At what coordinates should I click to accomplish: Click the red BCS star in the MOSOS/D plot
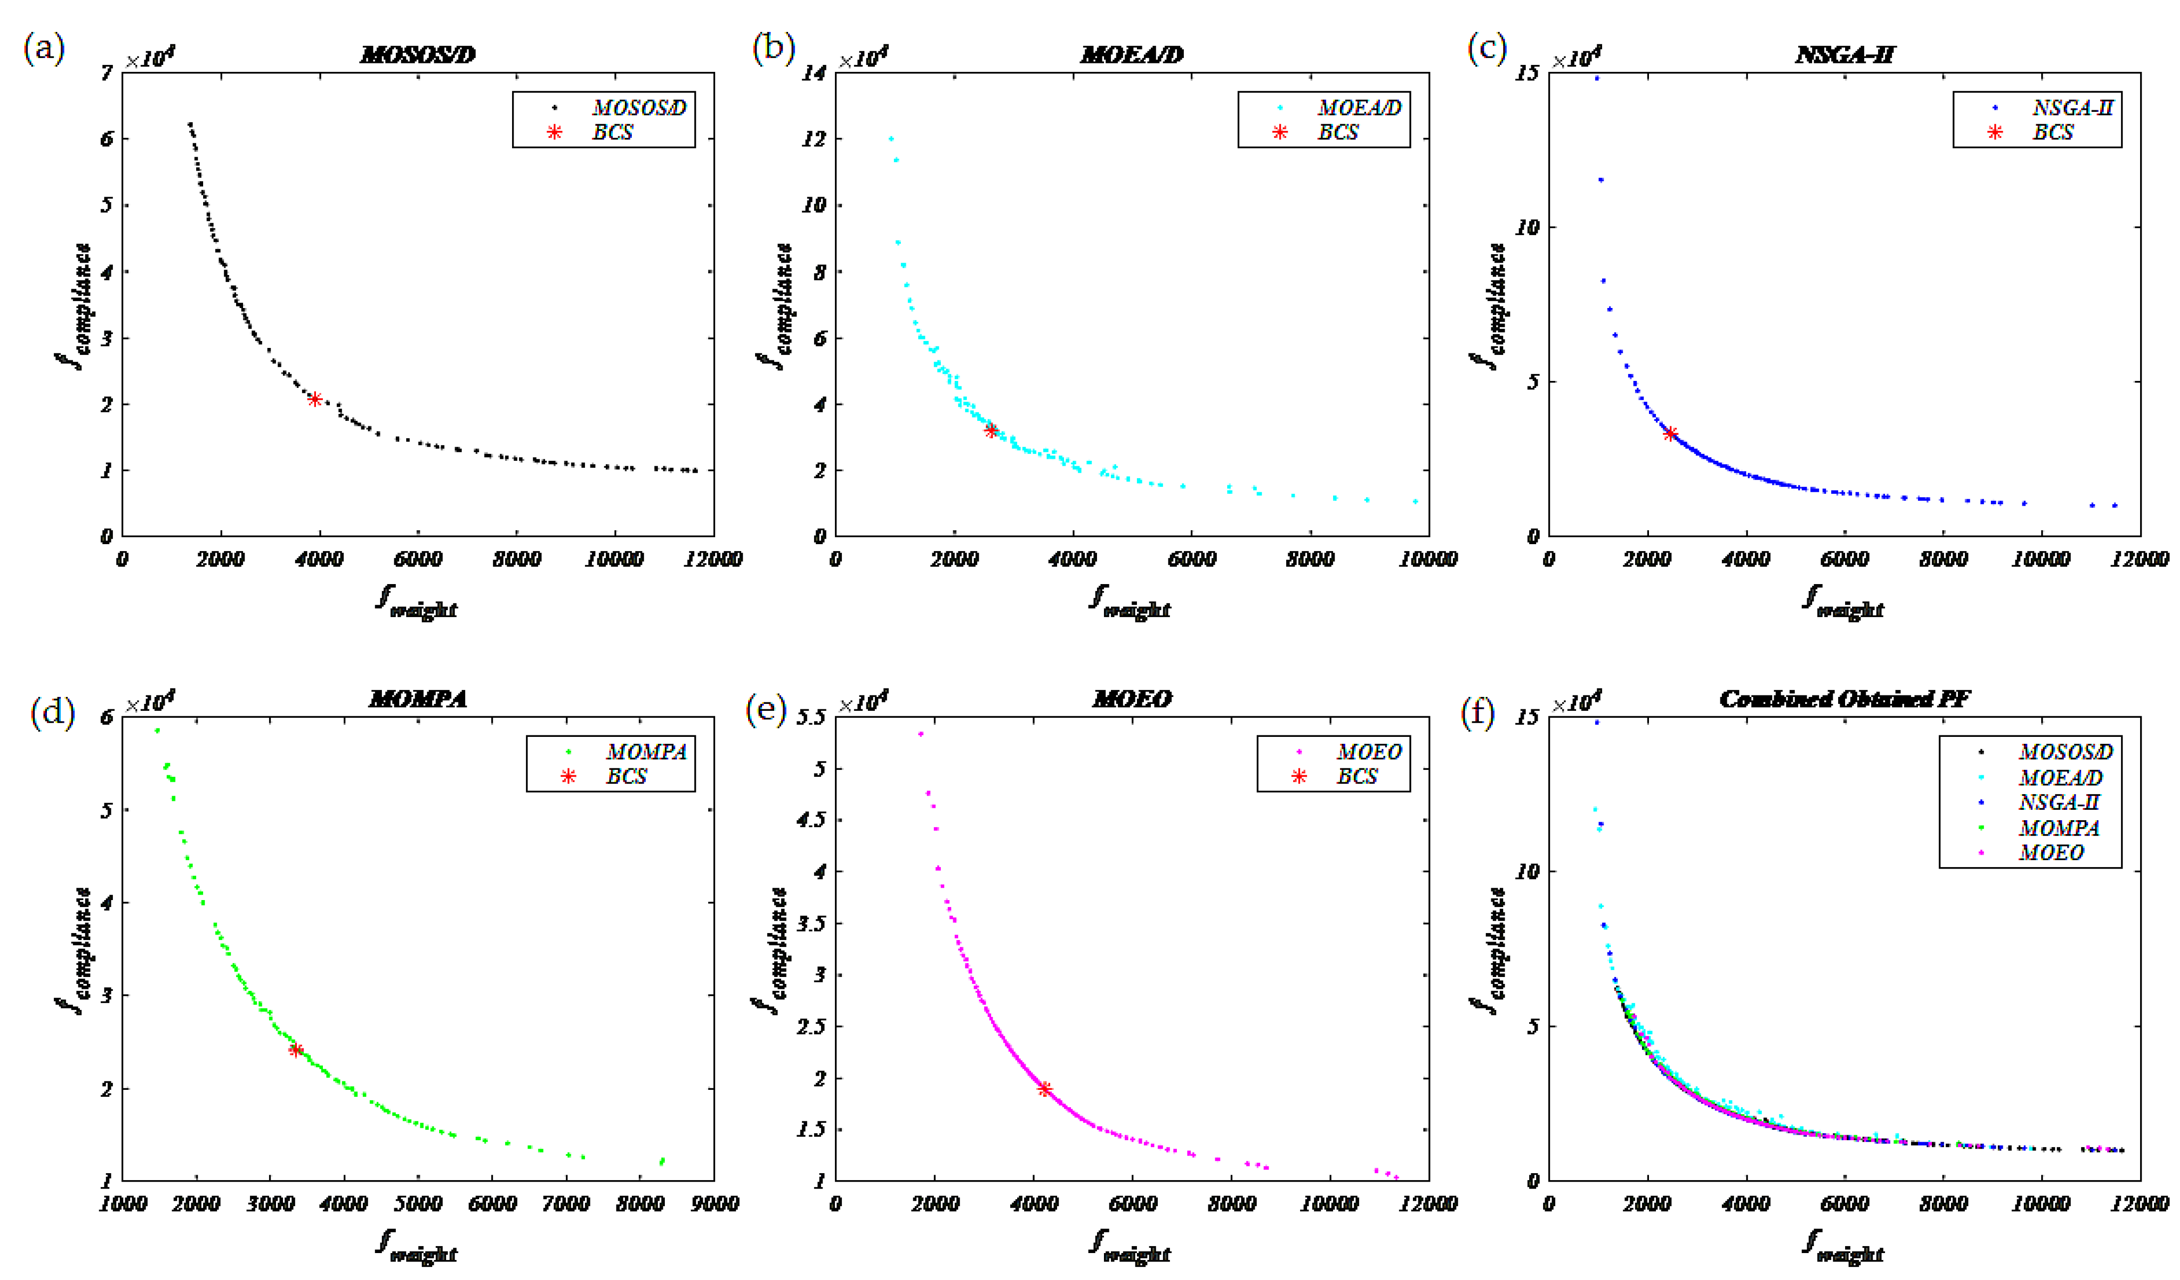click(315, 399)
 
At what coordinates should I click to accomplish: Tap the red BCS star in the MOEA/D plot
click(991, 430)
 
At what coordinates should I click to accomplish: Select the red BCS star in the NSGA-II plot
click(1670, 434)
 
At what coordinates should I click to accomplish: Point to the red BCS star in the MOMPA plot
click(296, 1050)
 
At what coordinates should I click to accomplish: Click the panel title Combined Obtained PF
click(1844, 698)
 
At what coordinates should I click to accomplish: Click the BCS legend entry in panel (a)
click(611, 132)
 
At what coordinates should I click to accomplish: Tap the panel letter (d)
click(52, 712)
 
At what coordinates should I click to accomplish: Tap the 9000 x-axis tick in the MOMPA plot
click(714, 1204)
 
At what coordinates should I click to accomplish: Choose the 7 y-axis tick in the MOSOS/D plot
click(106, 73)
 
